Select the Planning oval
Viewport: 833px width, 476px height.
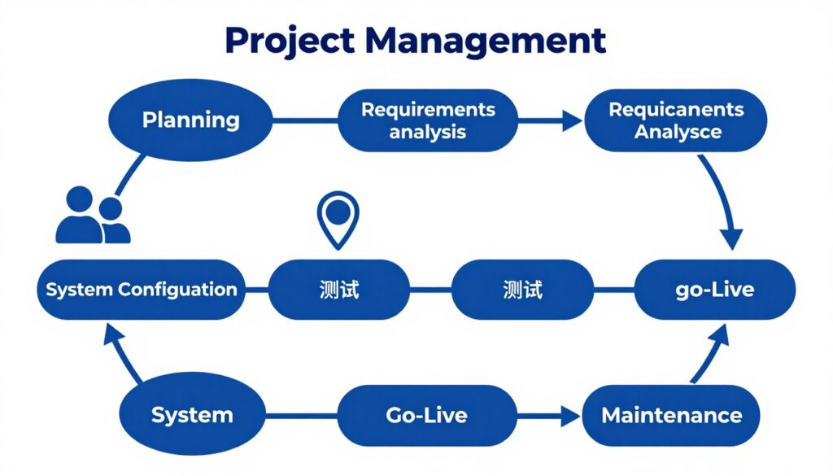(x=191, y=120)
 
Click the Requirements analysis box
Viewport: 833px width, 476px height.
(x=428, y=120)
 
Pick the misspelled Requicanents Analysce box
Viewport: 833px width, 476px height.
(x=676, y=120)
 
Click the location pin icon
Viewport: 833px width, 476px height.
(x=338, y=218)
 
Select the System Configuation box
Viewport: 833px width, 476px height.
(x=141, y=290)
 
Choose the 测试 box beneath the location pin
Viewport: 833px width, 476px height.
(x=338, y=290)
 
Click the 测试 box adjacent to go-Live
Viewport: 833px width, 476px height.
(x=521, y=290)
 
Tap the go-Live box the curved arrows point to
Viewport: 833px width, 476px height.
(x=715, y=290)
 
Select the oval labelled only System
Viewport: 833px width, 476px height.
(x=191, y=416)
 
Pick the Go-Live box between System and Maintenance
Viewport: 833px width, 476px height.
(x=426, y=416)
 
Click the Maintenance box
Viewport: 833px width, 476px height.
(x=671, y=416)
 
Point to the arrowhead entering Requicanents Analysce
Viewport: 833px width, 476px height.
(x=572, y=120)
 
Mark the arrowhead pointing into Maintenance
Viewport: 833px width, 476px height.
(x=571, y=417)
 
